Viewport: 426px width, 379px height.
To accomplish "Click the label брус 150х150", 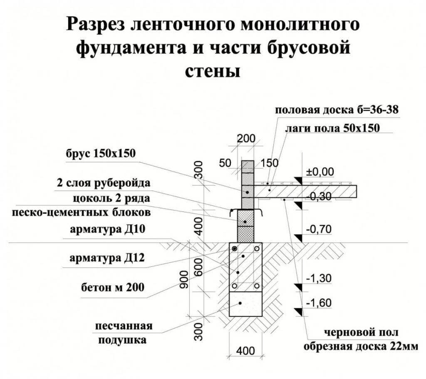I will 100,154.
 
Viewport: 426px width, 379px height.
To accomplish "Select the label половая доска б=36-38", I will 337,110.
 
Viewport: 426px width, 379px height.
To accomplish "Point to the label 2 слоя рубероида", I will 104,184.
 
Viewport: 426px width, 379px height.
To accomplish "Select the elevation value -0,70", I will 318,229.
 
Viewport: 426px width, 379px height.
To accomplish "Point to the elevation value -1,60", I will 318,303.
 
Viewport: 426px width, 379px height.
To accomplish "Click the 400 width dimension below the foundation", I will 245,351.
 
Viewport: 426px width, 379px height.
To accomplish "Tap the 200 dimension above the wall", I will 246,139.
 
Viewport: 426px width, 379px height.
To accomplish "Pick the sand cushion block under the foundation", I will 246,304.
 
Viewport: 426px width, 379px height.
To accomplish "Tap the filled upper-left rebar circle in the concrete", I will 235,249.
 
